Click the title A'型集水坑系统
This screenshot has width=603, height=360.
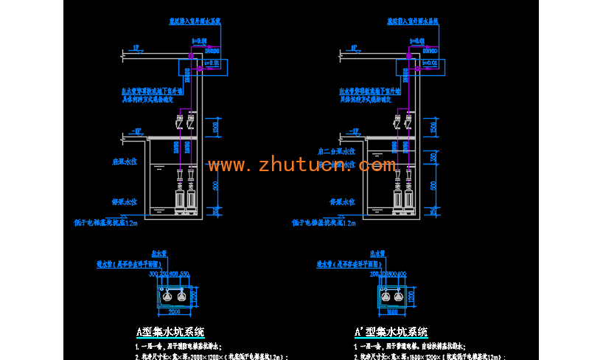[390, 332]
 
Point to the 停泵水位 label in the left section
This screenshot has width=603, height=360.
[125, 200]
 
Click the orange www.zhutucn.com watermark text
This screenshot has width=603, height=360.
[301, 165]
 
